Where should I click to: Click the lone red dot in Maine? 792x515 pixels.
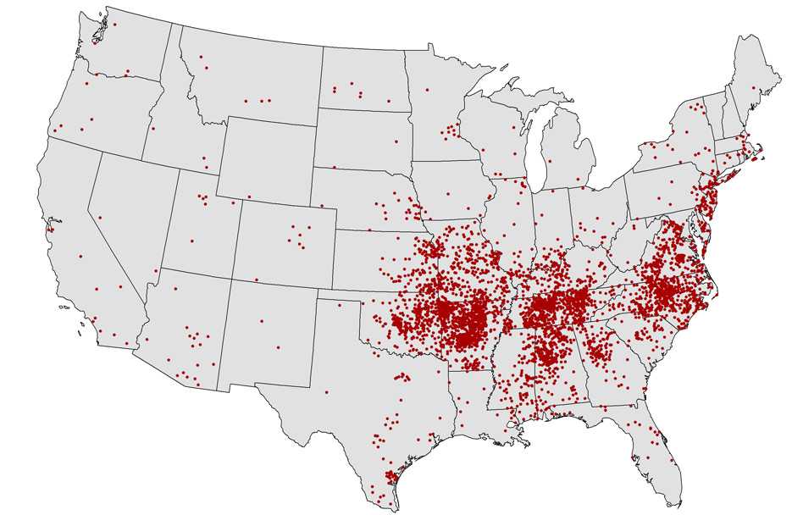(x=753, y=87)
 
